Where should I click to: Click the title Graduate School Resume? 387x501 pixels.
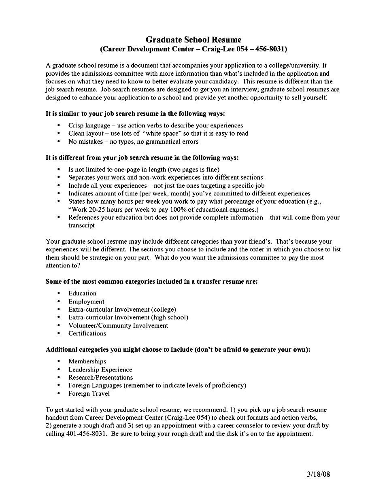[193, 40]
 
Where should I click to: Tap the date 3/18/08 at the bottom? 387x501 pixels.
[318, 474]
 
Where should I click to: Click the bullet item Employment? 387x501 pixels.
[86, 301]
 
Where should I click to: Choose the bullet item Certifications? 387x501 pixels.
[87, 333]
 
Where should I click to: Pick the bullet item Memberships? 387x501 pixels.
[87, 361]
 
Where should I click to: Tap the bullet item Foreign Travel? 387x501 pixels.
[89, 393]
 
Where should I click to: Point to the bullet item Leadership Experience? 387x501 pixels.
[100, 369]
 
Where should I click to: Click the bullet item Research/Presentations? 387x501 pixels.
[100, 378]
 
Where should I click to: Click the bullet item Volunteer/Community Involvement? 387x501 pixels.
[118, 325]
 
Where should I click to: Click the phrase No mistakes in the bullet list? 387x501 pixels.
[85, 142]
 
